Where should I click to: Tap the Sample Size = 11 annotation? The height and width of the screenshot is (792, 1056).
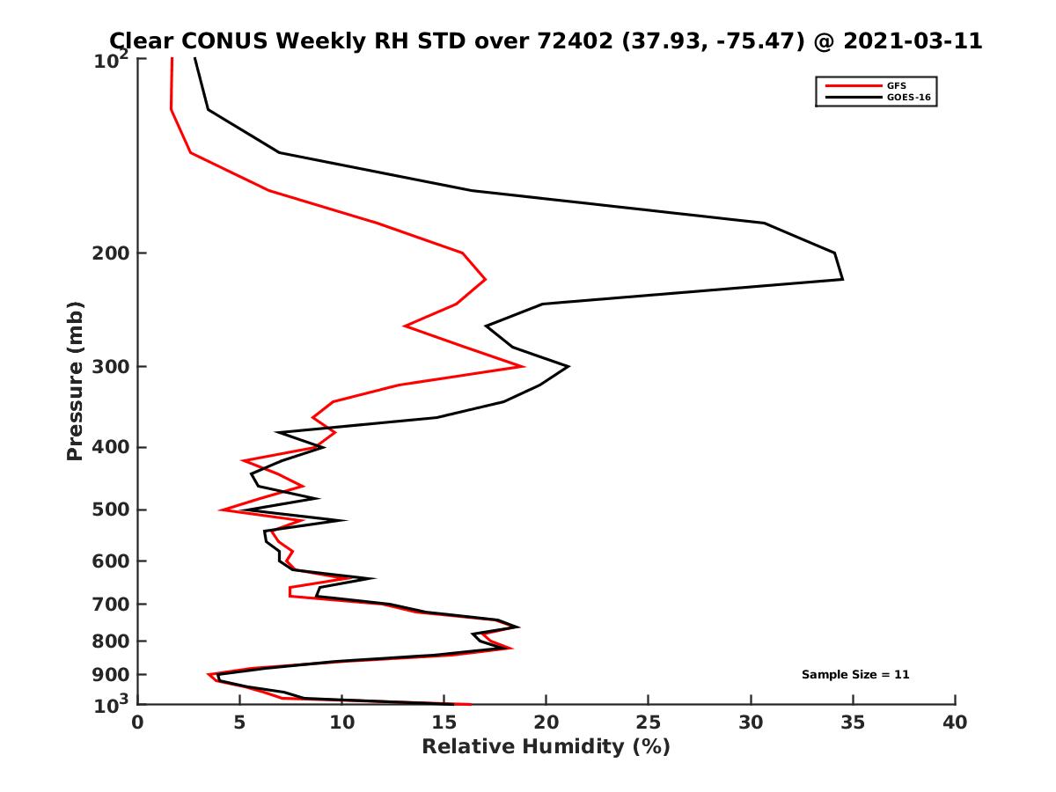click(855, 675)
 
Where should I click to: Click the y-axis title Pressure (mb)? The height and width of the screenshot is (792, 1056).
click(75, 381)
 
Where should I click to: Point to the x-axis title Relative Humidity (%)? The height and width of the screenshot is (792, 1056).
click(546, 747)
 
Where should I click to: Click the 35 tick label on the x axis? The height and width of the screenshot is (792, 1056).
click(853, 722)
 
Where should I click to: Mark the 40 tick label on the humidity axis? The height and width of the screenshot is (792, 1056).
click(955, 722)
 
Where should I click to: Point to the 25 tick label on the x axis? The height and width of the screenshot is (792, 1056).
click(649, 722)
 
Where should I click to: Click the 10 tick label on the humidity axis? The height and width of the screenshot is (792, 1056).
click(341, 722)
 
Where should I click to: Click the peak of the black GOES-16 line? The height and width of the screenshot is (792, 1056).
click(842, 279)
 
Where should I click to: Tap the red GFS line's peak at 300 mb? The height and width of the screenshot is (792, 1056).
click(524, 366)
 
